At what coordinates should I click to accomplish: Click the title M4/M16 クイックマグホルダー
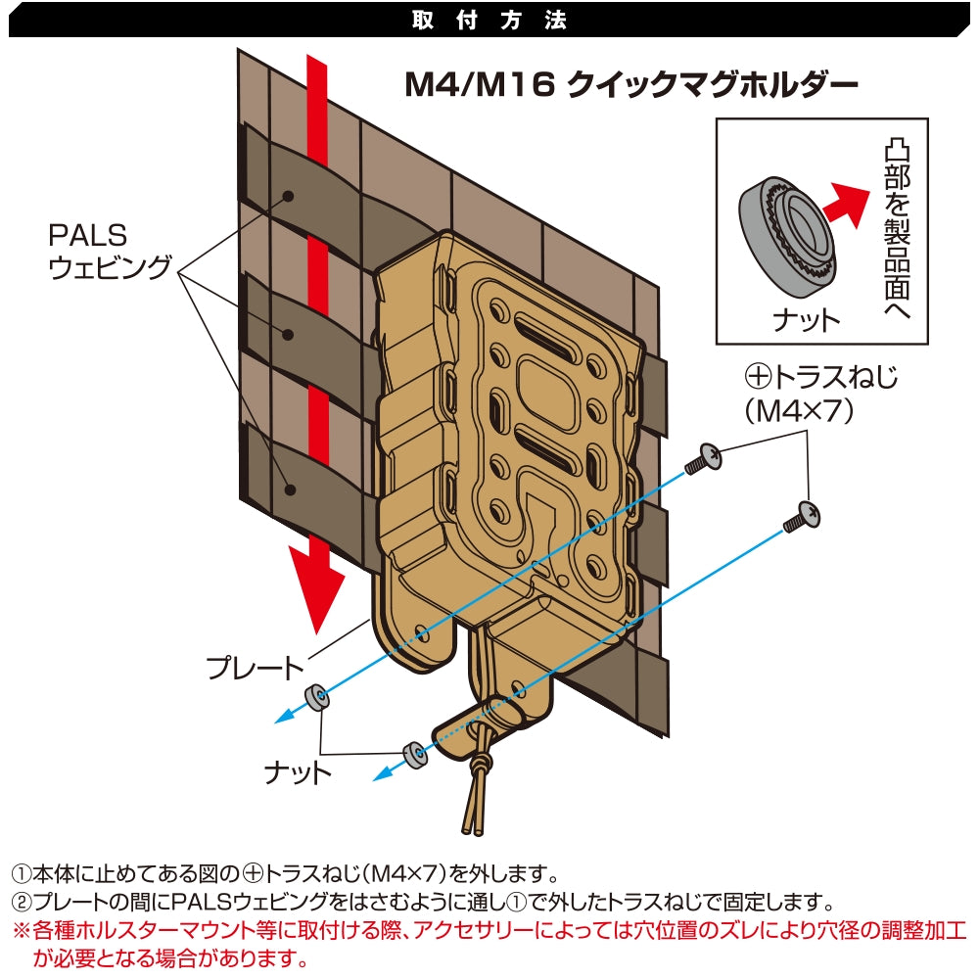pos(631,85)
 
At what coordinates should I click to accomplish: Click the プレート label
pos(255,670)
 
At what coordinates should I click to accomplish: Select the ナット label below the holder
pos(298,773)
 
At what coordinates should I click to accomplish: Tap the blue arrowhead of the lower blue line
pos(380,774)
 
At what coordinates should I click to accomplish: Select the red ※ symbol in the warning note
pos(20,929)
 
